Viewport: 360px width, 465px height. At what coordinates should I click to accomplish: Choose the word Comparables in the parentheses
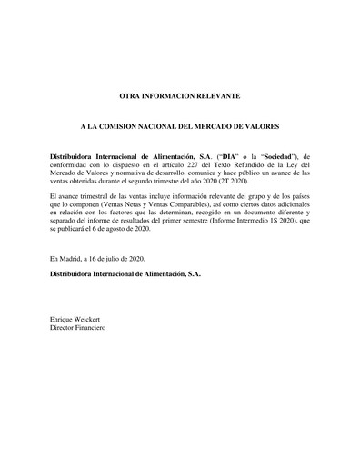(x=187, y=205)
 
